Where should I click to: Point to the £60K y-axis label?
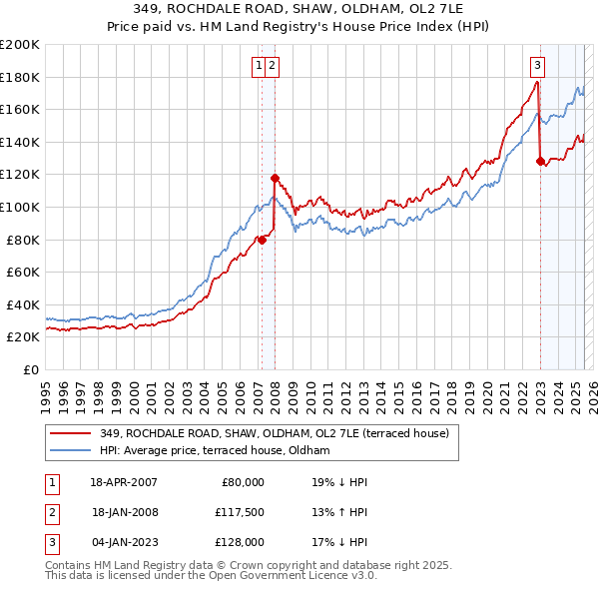[23, 272]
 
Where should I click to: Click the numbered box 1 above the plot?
[259, 67]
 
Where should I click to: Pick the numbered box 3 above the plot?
[537, 67]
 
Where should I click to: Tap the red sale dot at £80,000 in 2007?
[262, 240]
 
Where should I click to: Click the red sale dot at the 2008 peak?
[275, 179]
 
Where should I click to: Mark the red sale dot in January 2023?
[540, 162]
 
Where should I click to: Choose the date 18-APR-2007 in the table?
[124, 482]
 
